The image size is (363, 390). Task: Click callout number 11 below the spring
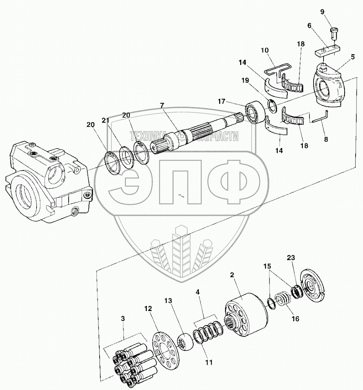click(209, 362)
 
